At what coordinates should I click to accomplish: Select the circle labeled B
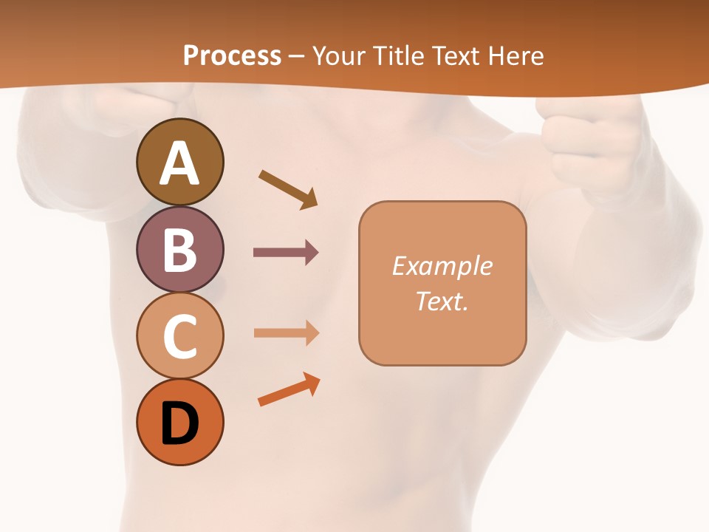click(x=179, y=249)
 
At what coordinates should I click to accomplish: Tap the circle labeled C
click(x=179, y=335)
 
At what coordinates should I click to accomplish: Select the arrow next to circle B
click(x=286, y=253)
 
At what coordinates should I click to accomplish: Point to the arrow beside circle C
click(x=286, y=333)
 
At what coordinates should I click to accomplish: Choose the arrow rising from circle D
click(x=289, y=390)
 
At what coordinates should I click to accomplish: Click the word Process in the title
click(x=232, y=55)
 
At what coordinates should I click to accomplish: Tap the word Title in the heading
click(x=401, y=55)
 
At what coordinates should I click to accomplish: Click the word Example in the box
click(x=442, y=266)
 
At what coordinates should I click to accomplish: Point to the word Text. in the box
click(x=442, y=301)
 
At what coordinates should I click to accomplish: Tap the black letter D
click(x=179, y=425)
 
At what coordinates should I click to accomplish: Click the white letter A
click(x=179, y=163)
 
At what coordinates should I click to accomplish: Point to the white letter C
click(x=179, y=337)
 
